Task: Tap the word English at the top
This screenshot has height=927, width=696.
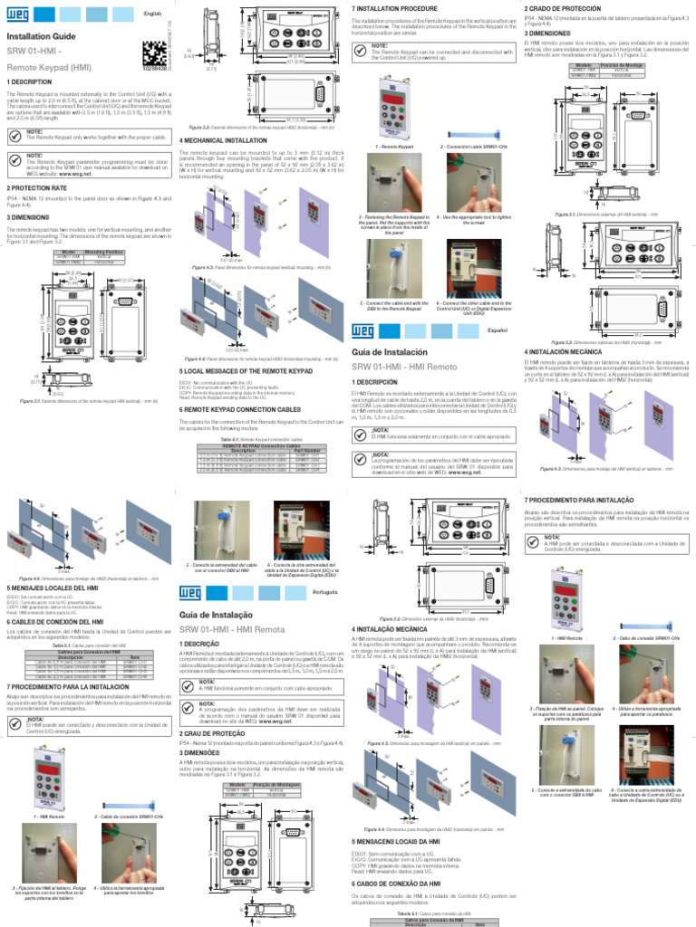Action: [153, 14]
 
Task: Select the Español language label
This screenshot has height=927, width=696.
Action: [499, 332]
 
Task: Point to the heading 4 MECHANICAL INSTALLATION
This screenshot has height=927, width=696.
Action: [223, 140]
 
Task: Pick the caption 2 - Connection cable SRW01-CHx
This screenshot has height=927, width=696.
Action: [471, 146]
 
